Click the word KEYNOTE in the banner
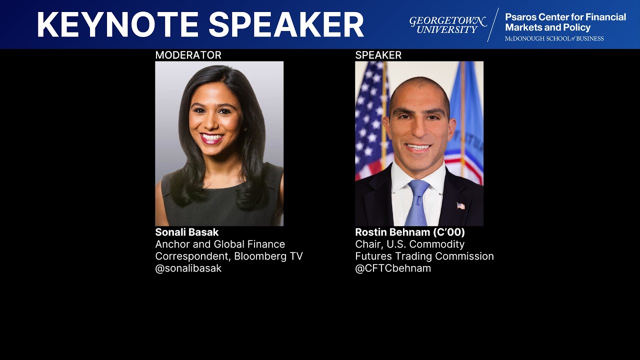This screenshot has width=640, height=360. (117, 24)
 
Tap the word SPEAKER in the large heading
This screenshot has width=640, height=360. (286, 24)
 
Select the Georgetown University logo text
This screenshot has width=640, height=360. (447, 25)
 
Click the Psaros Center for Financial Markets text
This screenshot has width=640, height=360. (565, 22)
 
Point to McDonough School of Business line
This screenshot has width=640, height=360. (554, 38)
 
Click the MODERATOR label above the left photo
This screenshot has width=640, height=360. (188, 55)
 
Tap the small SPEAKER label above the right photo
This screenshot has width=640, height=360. (378, 55)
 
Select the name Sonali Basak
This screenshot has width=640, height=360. (186, 232)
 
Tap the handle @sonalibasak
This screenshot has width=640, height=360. (188, 268)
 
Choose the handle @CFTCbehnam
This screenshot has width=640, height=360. (392, 268)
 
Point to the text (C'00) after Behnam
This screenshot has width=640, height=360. (449, 232)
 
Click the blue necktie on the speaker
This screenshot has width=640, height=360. (416, 202)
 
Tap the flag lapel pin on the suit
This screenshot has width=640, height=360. (460, 205)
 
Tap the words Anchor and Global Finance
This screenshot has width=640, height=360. (220, 244)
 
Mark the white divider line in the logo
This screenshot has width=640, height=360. (493, 25)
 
